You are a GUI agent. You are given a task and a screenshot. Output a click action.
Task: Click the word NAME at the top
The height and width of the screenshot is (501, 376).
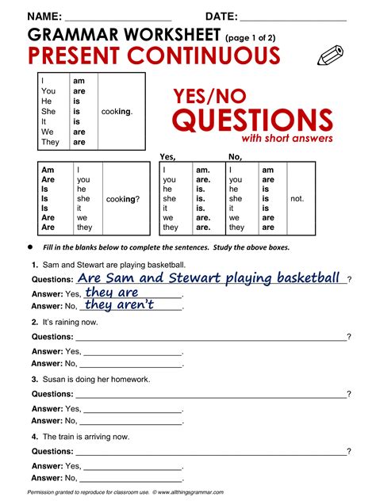(44, 17)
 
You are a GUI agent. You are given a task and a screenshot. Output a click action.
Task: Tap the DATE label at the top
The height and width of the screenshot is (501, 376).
(221, 17)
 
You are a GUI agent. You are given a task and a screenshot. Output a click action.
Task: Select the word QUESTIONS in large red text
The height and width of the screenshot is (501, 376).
(252, 120)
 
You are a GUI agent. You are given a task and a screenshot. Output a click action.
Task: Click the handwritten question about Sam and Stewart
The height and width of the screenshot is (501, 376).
(209, 278)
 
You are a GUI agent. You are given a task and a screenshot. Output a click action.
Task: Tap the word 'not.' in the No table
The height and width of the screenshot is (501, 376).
(297, 199)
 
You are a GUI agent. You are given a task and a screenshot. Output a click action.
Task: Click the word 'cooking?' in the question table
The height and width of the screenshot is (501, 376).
(122, 199)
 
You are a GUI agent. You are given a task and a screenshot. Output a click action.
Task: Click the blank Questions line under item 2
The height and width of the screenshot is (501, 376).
(213, 337)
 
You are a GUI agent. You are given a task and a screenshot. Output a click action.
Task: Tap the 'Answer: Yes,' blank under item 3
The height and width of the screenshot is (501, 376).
(133, 408)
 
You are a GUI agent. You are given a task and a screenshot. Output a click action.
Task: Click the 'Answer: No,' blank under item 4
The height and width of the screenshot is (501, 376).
(133, 478)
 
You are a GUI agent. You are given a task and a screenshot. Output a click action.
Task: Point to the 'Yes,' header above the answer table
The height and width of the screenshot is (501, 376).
(167, 156)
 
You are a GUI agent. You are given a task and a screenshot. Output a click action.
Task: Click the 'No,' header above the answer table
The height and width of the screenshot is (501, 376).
(235, 156)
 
